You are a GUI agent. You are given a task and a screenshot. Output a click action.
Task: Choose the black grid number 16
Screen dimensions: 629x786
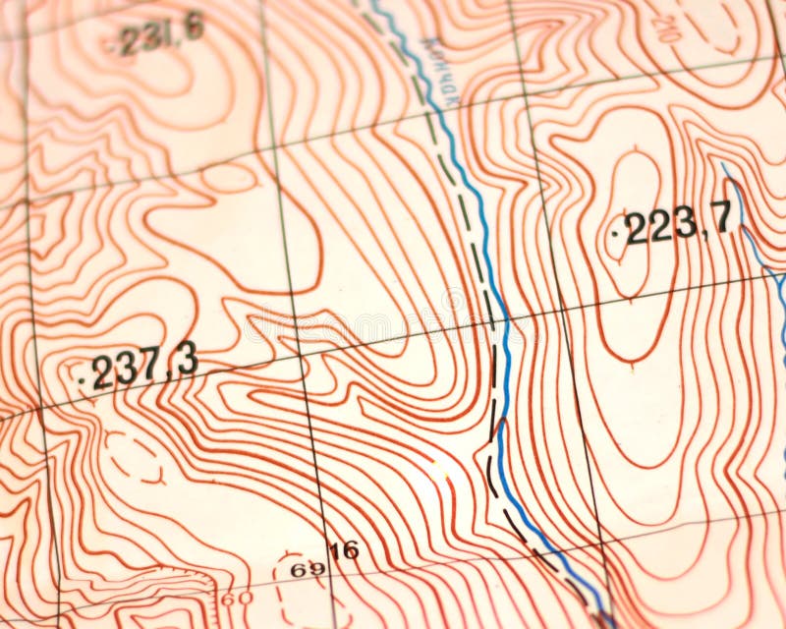(344, 550)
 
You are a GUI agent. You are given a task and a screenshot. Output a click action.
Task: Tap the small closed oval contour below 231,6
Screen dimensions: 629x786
(228, 177)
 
